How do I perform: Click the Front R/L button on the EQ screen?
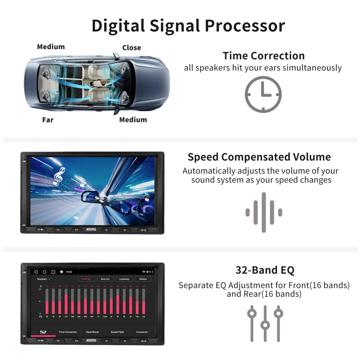pos(86,279)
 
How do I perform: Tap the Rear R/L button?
pos(105,279)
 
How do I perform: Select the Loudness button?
pos(124,279)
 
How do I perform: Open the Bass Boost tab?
pos(93,332)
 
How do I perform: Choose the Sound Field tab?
pos(117,332)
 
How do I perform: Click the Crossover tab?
pos(142,332)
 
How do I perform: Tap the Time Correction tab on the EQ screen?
pos(68,332)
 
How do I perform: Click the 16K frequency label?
pos(144,317)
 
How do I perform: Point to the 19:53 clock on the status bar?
pos(69,272)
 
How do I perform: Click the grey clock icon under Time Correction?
pos(263,94)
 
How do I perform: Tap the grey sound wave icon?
pos(264,212)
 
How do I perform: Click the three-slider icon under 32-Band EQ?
pos(265,324)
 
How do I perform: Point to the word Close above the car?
pos(131,48)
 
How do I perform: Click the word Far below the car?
pos(48,120)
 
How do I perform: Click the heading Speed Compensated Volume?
pos(259,157)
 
